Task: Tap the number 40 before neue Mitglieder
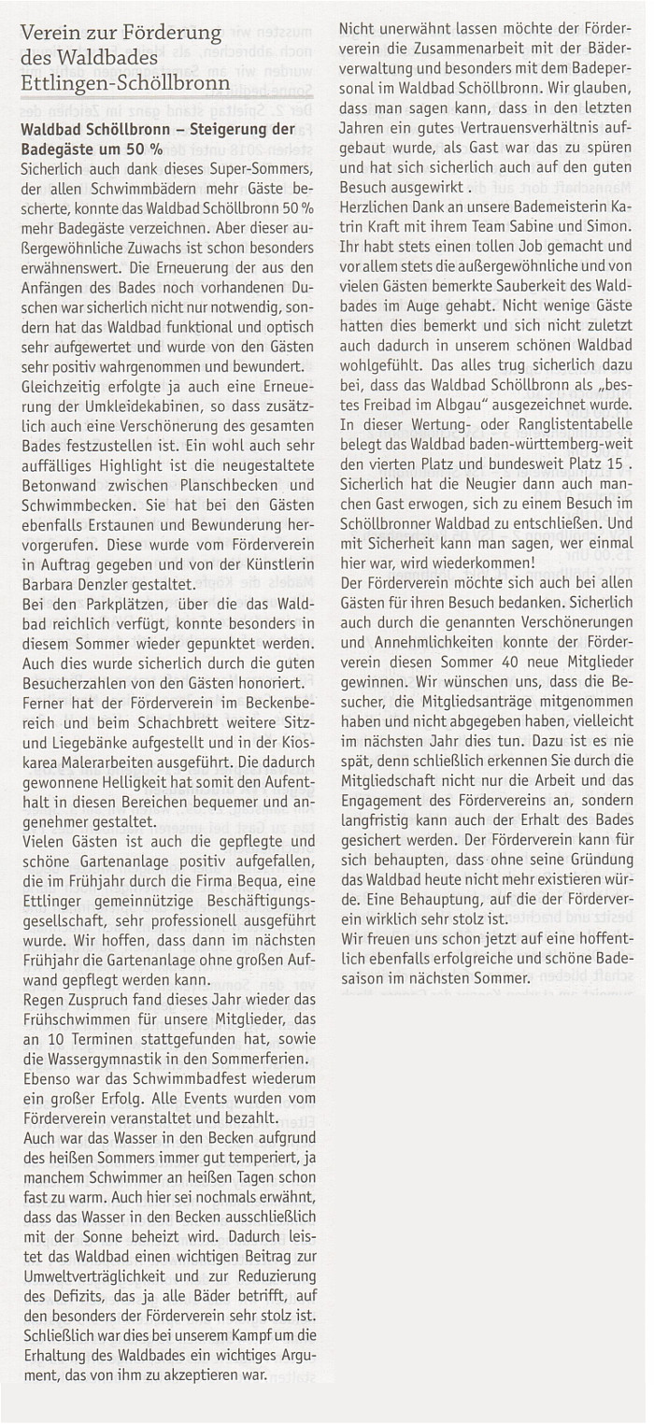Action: tap(508, 644)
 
